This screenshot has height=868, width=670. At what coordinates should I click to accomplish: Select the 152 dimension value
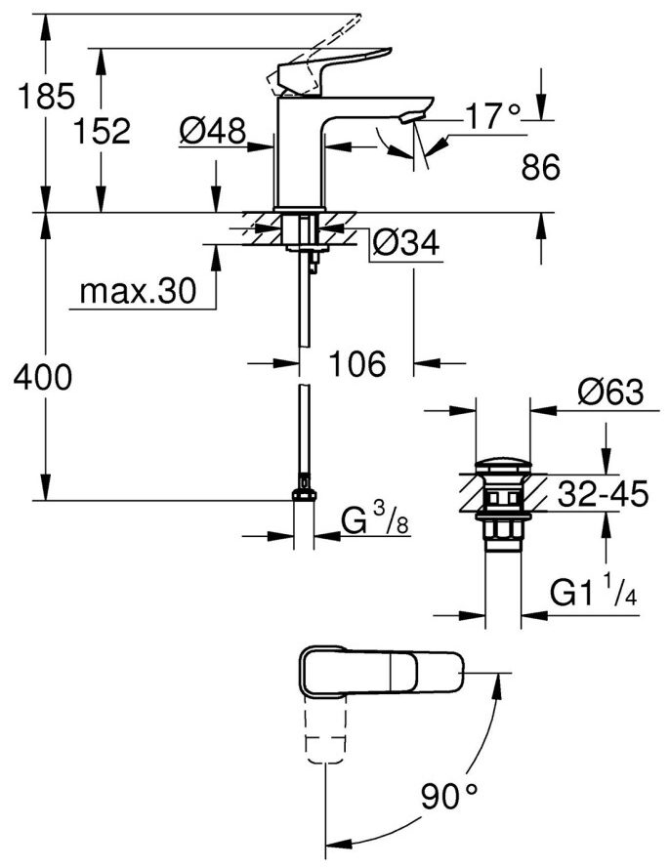click(102, 130)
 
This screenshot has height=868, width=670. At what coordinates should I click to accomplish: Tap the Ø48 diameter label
click(213, 130)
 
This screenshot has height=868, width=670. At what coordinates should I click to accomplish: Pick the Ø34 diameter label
click(405, 245)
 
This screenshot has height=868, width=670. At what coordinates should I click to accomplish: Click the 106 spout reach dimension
click(356, 363)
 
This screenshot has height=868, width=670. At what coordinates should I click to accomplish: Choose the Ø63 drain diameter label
click(610, 393)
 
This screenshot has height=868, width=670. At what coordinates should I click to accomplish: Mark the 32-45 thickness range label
click(603, 496)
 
